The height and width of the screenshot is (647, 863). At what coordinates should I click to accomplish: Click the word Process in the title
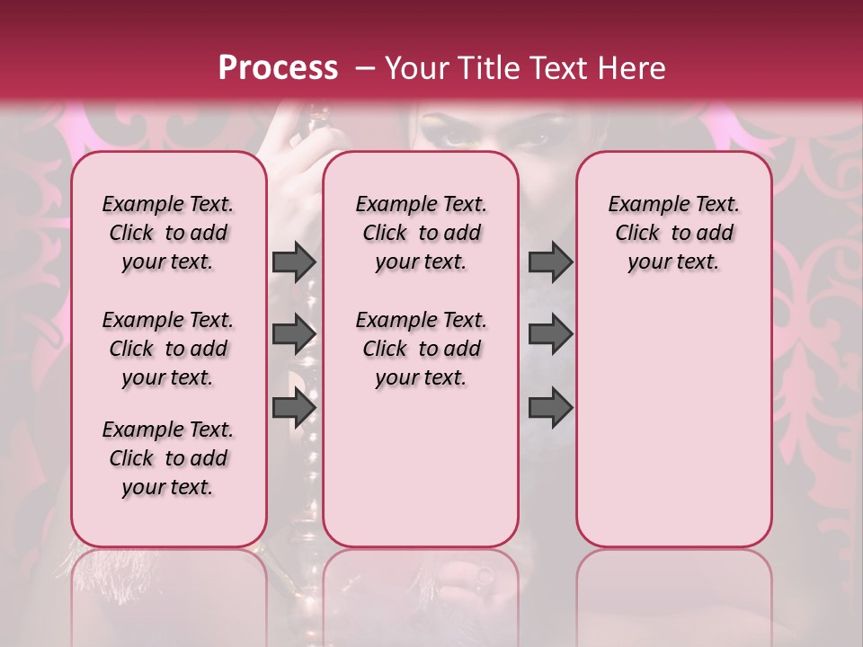tap(278, 68)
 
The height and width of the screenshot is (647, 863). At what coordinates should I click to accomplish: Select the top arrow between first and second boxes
tap(294, 261)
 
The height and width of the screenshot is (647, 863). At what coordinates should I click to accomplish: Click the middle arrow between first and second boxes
tap(294, 333)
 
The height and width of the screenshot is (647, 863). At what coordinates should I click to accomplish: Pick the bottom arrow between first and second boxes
tap(294, 407)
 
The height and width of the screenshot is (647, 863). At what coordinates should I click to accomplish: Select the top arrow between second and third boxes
tap(550, 261)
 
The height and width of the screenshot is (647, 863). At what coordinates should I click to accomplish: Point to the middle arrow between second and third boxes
tap(550, 333)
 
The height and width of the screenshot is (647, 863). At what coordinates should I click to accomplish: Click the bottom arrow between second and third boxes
tap(550, 407)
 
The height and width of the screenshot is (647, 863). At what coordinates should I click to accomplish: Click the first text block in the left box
tap(168, 233)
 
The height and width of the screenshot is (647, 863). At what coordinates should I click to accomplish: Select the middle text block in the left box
tap(168, 349)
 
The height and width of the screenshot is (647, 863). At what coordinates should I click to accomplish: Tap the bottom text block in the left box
tap(168, 458)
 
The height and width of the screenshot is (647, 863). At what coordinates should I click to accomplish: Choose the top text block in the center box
tap(421, 233)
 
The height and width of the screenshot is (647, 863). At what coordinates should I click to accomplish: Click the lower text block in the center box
tap(421, 349)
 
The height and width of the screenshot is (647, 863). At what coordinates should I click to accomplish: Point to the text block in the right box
tap(673, 233)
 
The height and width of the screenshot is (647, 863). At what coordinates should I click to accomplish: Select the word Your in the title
tap(413, 68)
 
